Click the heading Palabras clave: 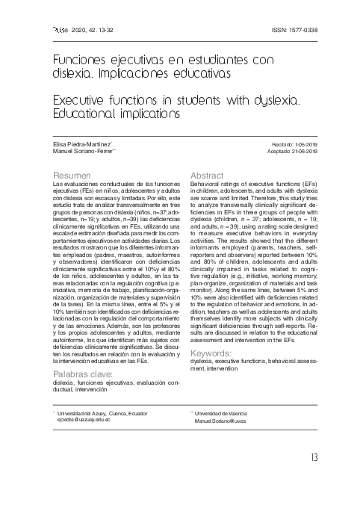click(x=82, y=373)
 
